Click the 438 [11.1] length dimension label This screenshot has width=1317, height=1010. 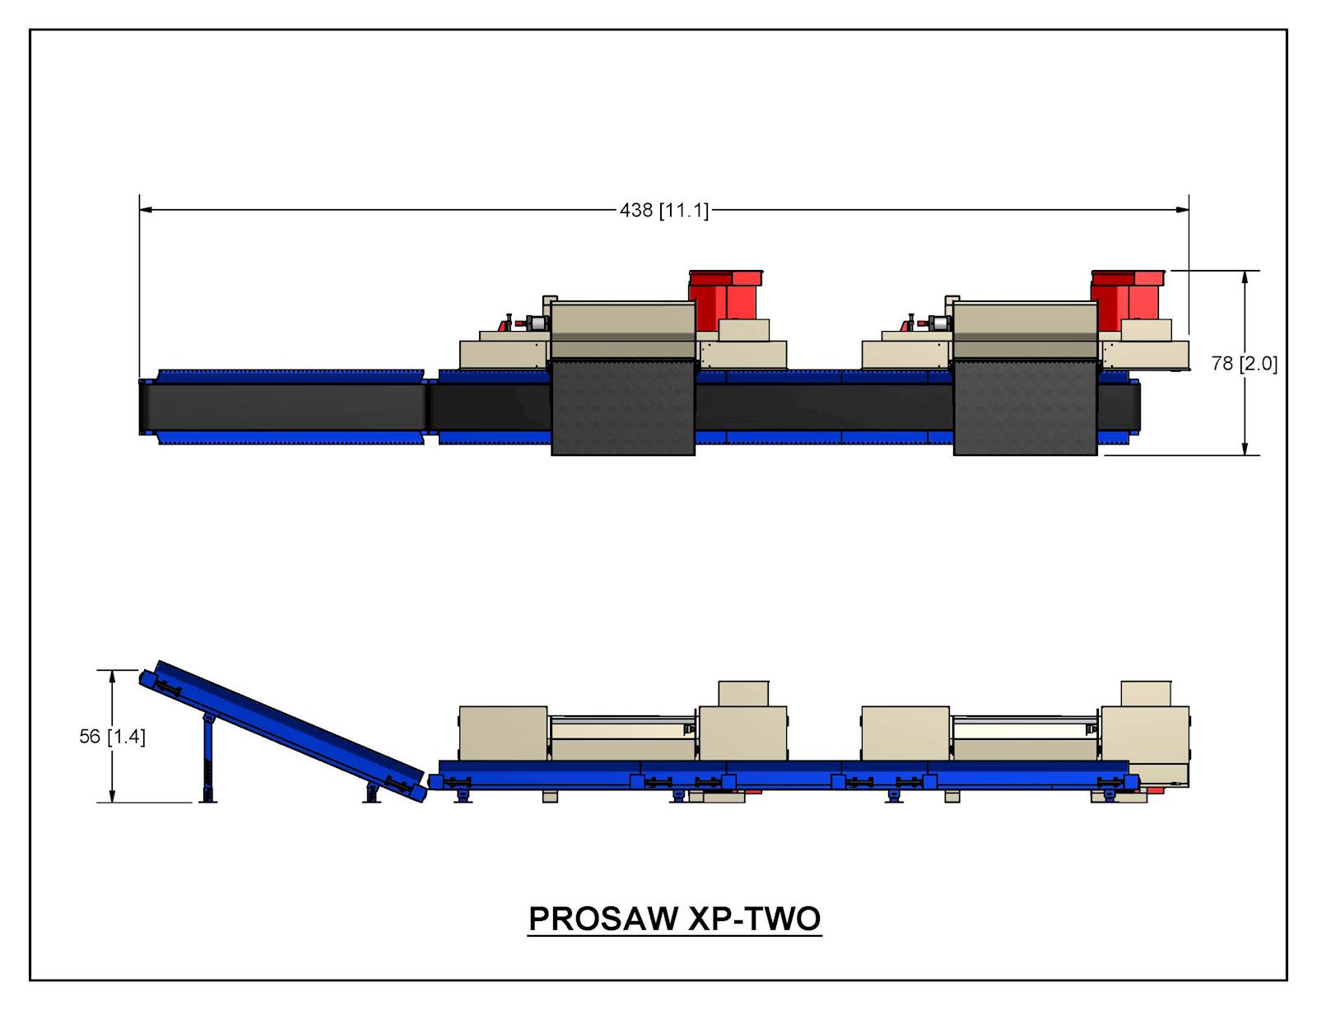point(663,210)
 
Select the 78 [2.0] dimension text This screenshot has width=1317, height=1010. point(1245,364)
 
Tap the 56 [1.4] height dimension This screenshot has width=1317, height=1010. point(112,737)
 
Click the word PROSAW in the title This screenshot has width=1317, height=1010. point(603,919)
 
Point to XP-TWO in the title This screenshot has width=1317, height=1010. point(755,919)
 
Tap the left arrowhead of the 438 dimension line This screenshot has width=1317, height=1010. point(146,210)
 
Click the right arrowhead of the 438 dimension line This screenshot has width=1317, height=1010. point(1182,210)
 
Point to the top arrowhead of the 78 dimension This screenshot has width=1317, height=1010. point(1245,277)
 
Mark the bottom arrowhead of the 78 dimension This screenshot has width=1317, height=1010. point(1245,448)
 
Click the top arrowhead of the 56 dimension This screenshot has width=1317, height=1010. point(112,677)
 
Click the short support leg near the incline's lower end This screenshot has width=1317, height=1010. point(371,793)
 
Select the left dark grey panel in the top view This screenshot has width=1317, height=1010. point(623,407)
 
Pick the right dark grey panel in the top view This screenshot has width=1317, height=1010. point(1025,407)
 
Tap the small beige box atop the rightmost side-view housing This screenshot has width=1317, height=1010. point(1146,694)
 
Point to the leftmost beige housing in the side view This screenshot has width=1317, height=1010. point(503,733)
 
